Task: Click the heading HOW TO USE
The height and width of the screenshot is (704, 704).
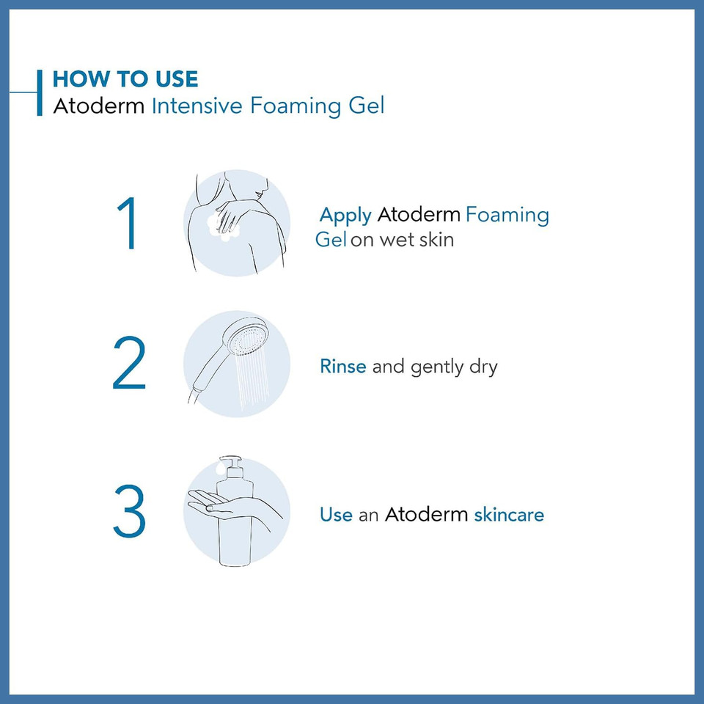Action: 125,79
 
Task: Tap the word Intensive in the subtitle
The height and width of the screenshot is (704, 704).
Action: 197,106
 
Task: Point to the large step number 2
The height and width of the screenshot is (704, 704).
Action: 130,364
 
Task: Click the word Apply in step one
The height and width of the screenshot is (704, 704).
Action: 345,216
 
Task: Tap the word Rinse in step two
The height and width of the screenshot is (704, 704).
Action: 342,366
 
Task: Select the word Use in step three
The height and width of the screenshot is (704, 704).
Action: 336,514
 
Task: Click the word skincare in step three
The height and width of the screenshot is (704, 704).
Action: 509,514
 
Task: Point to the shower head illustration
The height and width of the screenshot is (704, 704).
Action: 246,340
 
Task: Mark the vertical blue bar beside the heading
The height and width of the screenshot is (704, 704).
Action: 40,92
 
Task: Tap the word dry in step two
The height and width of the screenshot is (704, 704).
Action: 483,366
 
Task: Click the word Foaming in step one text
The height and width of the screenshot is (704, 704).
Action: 507,216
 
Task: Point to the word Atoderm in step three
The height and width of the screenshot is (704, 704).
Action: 426,514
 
